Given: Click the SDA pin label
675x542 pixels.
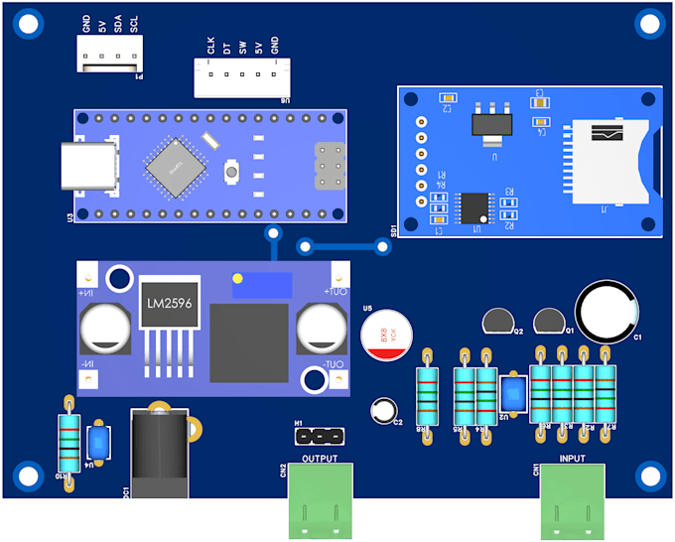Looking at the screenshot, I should pos(118,25).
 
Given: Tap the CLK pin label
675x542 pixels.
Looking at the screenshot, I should pos(210,45).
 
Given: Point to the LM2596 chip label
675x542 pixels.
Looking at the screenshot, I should pos(169,304).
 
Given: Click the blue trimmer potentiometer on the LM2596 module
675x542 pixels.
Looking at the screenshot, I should pos(260,284).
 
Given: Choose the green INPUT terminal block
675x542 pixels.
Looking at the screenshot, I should pos(573,500).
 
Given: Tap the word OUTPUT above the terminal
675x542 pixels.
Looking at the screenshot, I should pos(320,459).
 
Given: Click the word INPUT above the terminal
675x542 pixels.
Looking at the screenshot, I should pos(573,459).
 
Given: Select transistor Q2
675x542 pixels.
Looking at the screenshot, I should pos(498,321).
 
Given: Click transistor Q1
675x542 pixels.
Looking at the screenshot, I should pos(549,321).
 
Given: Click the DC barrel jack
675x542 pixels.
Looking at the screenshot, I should pos(159,452).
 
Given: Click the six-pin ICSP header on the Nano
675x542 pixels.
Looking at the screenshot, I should pos(330,166).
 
